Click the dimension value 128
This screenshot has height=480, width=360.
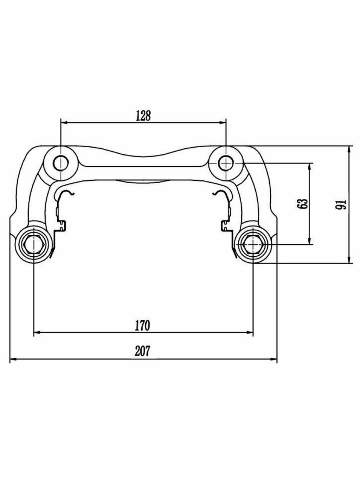pos(143,116)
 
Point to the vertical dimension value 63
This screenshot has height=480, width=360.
pos(304,204)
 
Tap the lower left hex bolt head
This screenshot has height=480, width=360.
pos(34,244)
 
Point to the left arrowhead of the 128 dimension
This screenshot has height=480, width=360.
pos(64,123)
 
